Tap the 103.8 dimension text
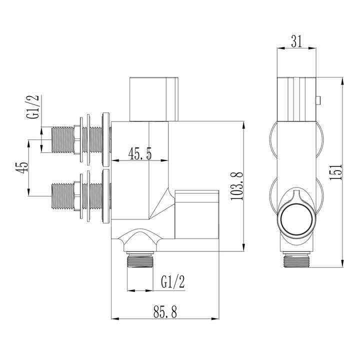tap(236, 185)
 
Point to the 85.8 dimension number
tap(165, 311)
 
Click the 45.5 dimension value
tap(140, 153)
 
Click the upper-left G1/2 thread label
tap(33, 107)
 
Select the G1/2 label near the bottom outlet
tap(173, 282)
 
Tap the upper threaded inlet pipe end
tap(62, 139)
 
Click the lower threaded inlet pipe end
tap(62, 196)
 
